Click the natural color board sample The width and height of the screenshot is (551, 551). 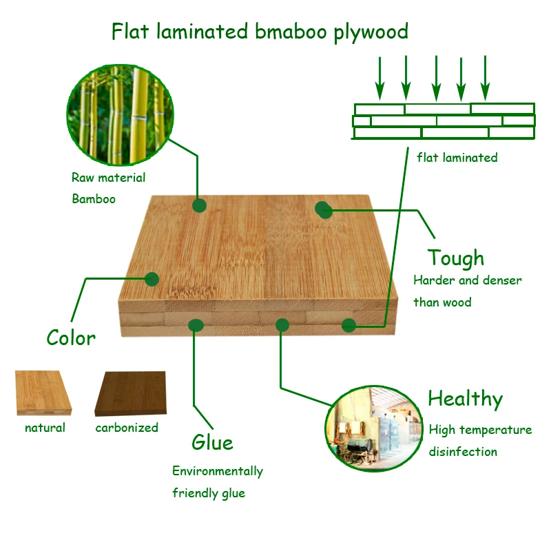(43, 393)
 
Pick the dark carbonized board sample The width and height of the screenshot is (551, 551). (131, 394)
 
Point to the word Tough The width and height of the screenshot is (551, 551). (455, 258)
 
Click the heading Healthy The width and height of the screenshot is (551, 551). (465, 399)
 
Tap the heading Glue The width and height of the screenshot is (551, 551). (212, 442)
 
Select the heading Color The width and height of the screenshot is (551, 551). (71, 338)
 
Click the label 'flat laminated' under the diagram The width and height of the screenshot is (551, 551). (457, 158)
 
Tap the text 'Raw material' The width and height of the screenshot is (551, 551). (108, 178)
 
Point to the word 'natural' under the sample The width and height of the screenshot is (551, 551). (45, 428)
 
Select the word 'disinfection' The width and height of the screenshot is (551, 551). (463, 452)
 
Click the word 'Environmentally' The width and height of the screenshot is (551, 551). (217, 471)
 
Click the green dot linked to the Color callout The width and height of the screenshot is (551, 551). (152, 279)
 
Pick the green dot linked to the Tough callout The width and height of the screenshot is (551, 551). (324, 210)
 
